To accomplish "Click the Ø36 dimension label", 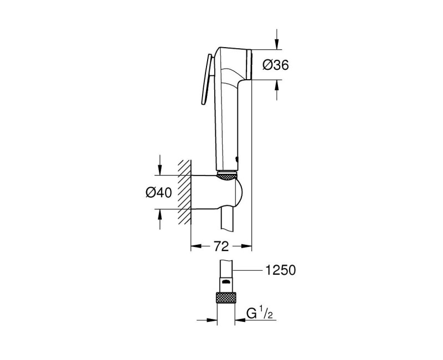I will (x=274, y=65).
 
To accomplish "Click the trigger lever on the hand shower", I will (x=205, y=81).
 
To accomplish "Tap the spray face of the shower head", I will (x=250, y=65).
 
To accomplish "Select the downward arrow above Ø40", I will (x=159, y=167).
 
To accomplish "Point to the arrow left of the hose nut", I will (x=211, y=319).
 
